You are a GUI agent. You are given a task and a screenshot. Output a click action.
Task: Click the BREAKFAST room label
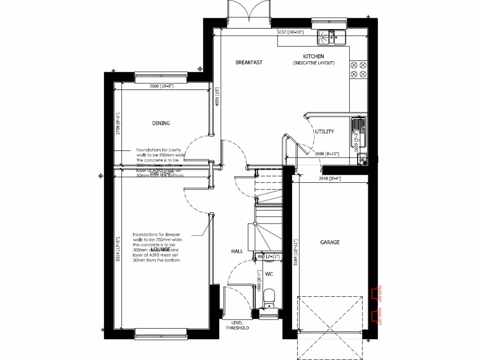pos(248,62)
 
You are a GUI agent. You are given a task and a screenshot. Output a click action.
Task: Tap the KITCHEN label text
pos(314,56)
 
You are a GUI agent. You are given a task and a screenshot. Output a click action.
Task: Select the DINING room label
pos(160,123)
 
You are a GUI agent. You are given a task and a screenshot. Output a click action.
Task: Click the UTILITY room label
pos(324,132)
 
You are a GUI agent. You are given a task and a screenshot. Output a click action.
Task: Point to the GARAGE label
pos(330,242)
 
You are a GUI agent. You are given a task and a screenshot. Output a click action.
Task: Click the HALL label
pos(237,251)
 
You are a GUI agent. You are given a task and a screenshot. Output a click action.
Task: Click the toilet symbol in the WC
pos(269,298)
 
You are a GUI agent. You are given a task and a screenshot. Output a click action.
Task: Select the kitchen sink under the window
pos(331,37)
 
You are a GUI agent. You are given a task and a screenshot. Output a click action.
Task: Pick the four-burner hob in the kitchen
pos(359,69)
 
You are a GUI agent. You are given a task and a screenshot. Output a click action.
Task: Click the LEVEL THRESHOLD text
pos(237,325)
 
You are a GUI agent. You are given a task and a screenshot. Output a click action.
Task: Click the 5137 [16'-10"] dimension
pos(291,32)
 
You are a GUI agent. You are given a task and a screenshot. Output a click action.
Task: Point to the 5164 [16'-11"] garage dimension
pos(295,253)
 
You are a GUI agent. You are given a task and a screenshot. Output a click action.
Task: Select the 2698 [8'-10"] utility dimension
pos(326,154)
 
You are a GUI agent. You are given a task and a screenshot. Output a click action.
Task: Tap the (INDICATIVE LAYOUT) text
pos(314,63)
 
